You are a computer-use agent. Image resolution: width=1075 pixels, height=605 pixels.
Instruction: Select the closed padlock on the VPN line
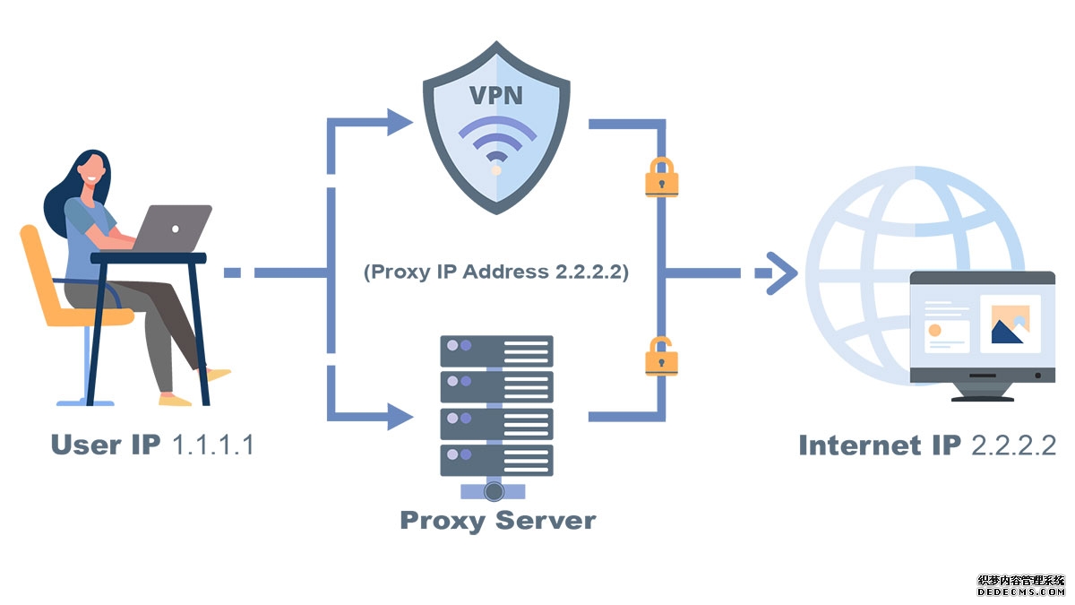tap(661, 177)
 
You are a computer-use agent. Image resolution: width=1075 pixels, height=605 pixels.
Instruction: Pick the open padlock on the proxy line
tap(661, 356)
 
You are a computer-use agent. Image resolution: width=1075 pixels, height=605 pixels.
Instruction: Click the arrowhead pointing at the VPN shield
tap(400, 122)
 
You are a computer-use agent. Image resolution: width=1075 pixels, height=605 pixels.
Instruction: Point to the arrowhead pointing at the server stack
tap(400, 415)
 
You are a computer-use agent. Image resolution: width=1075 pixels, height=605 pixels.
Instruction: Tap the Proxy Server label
tap(497, 520)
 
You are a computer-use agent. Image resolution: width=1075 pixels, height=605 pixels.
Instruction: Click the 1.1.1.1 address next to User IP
tap(211, 445)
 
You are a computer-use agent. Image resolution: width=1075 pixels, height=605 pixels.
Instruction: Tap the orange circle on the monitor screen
tap(934, 331)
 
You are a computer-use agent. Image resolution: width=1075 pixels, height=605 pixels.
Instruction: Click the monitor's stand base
tap(982, 396)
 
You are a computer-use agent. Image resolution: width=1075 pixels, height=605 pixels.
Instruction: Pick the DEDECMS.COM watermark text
tap(1021, 592)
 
